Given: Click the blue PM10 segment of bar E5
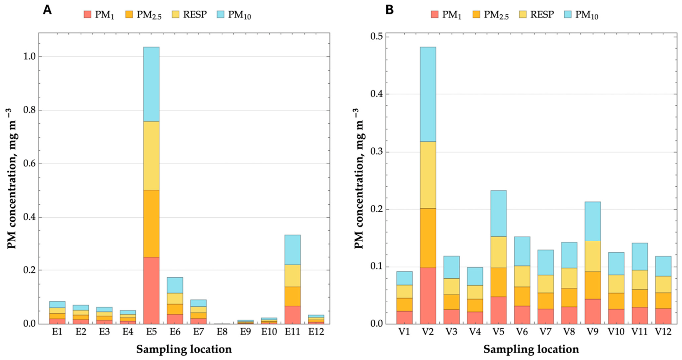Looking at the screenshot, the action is (151, 84).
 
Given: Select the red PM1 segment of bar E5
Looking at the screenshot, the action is (151, 291).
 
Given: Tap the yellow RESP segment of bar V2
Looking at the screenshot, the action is (428, 175).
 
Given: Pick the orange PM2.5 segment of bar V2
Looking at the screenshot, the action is (428, 238).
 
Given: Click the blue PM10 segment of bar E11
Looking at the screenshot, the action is (292, 250).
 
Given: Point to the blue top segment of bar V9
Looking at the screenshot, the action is (592, 221).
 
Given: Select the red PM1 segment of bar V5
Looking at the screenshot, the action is (499, 311).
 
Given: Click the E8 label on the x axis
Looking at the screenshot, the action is (222, 332).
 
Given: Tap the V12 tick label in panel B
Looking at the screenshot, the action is (663, 332).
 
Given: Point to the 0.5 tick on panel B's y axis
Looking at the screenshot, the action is (376, 37).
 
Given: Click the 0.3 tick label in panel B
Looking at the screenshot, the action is (376, 152).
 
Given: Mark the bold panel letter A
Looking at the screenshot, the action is (47, 10).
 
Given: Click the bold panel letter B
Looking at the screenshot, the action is (390, 10).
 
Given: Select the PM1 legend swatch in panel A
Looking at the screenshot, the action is (87, 14).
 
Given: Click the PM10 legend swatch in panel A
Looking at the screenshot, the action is (220, 14).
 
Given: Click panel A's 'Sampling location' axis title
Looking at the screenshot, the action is (184, 349).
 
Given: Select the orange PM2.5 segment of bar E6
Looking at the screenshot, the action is (175, 309).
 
